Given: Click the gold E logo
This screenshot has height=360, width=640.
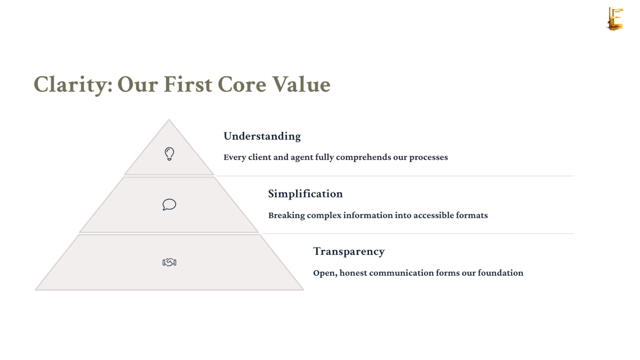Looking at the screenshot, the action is click(615, 19).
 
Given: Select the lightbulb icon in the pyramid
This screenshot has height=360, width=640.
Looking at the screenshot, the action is click(169, 154).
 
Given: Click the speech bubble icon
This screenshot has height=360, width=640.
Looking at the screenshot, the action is click(169, 205).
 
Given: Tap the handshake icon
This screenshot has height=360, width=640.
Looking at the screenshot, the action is click(169, 262).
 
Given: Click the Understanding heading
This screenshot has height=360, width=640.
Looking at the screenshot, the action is click(262, 137).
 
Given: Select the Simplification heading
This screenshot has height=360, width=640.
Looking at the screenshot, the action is click(305, 194).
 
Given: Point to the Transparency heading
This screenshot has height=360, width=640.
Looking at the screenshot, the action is click(349, 251).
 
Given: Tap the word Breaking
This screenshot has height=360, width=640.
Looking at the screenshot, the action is click(286, 215).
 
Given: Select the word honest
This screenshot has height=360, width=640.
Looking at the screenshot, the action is click(353, 273).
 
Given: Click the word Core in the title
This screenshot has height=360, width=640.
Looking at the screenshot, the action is click(242, 84).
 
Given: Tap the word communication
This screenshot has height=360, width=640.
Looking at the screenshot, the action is click(402, 273).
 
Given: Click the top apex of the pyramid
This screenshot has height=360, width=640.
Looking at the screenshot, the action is click(169, 119).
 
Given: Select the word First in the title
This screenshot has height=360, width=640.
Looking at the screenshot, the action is click(188, 84).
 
